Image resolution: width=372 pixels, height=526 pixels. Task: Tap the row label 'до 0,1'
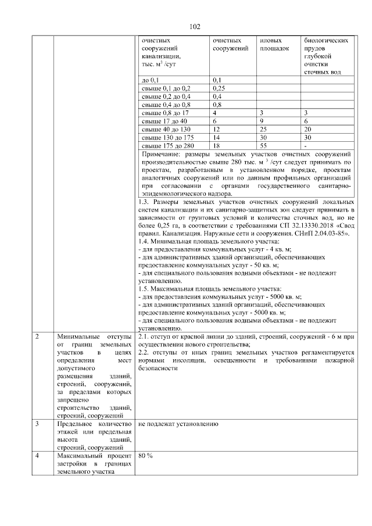coord(151,80)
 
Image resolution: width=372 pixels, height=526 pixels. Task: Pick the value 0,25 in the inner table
coord(219,88)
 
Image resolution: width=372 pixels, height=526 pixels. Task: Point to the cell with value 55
coord(263,145)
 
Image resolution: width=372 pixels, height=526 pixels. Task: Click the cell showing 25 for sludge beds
coord(263,128)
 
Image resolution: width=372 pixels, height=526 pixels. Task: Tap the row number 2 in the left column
coord(37,337)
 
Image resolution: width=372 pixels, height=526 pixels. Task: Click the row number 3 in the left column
coord(37,424)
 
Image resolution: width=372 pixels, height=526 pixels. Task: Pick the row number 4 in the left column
coord(37,456)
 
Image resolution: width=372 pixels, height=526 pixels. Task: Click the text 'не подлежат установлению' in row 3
coord(177,424)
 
